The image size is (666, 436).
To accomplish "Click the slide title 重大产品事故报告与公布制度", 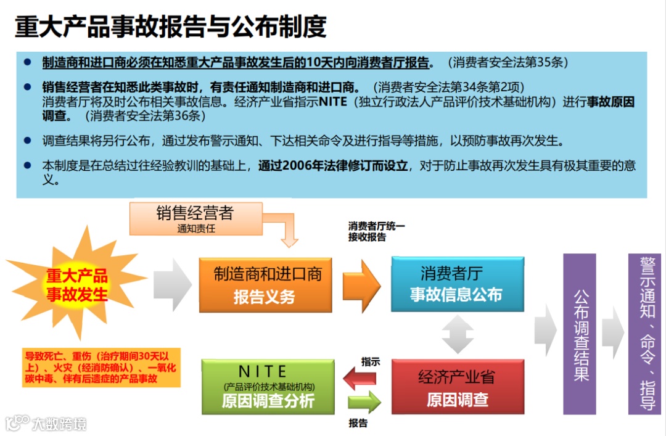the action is pos(170,27).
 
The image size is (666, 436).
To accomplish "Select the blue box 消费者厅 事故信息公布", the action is pos(457,284).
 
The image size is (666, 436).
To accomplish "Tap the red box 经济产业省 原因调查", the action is pos(457,387).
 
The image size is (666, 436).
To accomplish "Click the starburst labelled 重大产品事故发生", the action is pos(77,284).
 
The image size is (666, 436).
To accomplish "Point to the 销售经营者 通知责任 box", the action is pos(196,219).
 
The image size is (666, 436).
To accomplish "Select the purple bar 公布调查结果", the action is pos(580,334).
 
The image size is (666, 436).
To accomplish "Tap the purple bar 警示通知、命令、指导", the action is pos(645,334).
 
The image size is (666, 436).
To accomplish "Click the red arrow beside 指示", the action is pos(360,377).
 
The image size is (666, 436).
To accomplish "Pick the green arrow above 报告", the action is pos(364,403).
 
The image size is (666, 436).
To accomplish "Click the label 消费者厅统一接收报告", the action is pos(376,232).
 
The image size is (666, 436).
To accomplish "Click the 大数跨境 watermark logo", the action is pos(46,424).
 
